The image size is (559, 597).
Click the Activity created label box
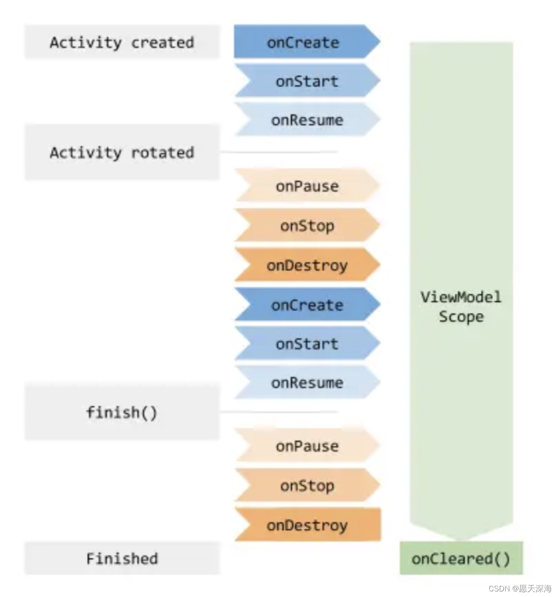coord(122,42)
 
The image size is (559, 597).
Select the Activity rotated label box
coord(122,152)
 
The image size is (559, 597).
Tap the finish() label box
coord(122,412)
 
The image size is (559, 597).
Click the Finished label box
coord(122,559)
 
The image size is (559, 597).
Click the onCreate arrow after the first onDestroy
coord(307,305)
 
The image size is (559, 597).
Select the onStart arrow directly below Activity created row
coord(307,81)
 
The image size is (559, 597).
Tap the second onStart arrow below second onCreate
coord(307,343)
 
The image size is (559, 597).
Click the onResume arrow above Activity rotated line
coord(307,120)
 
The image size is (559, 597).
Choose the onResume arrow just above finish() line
coord(307,382)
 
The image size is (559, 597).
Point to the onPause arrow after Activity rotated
coord(307,186)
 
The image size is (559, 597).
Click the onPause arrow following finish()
coord(307,446)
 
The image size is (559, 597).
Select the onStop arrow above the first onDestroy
coord(307,225)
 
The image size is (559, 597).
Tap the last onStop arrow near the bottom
coord(307,485)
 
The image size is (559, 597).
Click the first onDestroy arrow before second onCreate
coord(307,265)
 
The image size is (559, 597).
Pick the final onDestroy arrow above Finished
coord(307,525)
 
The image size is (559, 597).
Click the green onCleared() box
coord(461,559)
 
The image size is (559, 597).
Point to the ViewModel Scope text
coord(461,306)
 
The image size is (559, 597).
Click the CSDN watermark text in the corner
coord(520,588)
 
